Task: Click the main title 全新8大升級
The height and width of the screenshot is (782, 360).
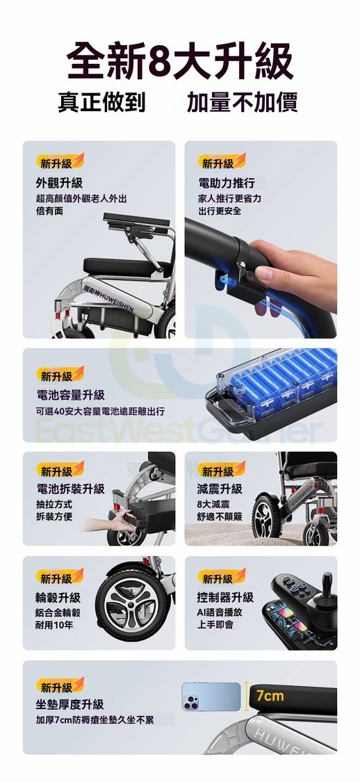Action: (180, 62)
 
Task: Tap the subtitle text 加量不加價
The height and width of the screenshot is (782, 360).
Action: (242, 101)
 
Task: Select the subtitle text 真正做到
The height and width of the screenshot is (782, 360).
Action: (101, 101)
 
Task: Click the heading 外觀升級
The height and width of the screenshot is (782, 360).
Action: (59, 183)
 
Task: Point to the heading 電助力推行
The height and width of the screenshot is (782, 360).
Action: (227, 183)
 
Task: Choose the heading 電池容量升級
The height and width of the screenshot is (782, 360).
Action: (70, 395)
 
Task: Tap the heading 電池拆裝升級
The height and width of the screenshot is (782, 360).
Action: (70, 488)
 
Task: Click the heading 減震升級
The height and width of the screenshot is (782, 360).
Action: (220, 488)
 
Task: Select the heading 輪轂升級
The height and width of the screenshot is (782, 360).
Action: (58, 597)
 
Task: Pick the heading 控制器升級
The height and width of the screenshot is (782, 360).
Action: (225, 597)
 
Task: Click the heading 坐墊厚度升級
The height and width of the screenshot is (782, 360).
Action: (69, 704)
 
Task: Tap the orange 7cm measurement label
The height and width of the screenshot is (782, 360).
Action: (270, 696)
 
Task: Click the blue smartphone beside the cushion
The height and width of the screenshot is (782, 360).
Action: (211, 697)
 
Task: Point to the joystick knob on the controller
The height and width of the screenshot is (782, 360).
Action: (327, 584)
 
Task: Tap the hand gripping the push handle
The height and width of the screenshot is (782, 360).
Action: (294, 272)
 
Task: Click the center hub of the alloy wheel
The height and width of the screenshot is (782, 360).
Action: (132, 604)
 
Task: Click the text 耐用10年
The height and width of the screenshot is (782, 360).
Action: (54, 624)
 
